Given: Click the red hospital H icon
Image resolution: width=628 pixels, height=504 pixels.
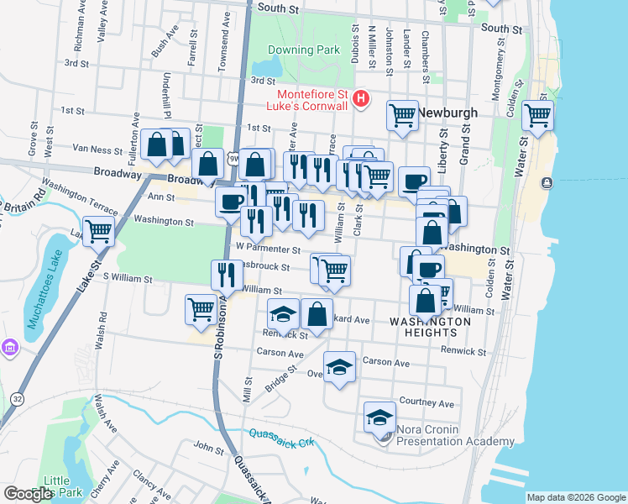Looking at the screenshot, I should [x=361, y=100].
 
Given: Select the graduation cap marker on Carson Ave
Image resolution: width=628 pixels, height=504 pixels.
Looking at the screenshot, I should [x=339, y=366].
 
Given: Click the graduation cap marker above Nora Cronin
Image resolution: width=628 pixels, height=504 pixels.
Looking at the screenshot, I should [x=379, y=417].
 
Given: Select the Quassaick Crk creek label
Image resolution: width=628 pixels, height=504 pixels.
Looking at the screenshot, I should [x=281, y=438].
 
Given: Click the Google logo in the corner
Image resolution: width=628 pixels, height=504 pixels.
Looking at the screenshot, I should [x=28, y=494].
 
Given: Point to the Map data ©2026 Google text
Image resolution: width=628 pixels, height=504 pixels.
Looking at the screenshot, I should [x=576, y=497].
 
